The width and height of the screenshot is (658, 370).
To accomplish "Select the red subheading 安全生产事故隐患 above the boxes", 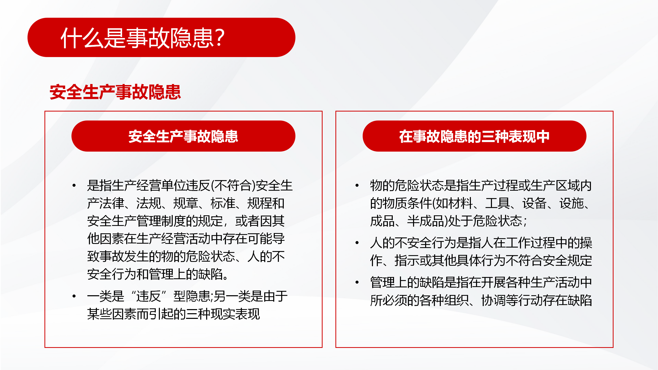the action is tap(115, 92).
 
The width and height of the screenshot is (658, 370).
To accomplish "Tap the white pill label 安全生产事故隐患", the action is tap(183, 136).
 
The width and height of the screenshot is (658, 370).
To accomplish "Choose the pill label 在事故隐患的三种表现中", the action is tap(474, 136).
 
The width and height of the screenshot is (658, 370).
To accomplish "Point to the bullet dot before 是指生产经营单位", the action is tap(74, 185).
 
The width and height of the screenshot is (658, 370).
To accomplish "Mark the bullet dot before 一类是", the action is tap(74, 296).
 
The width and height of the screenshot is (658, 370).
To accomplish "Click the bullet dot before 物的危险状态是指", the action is tap(357, 185).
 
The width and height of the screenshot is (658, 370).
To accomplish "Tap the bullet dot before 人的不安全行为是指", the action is tap(357, 243).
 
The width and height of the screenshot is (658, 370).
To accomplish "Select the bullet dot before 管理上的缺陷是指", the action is tap(357, 282).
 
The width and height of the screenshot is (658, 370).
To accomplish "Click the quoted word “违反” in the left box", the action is tap(149, 296).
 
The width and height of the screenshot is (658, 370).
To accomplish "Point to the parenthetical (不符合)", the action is tap(233, 186).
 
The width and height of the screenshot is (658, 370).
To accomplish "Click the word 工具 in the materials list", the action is tap(497, 203).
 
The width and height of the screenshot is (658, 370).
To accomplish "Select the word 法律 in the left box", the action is tap(112, 203).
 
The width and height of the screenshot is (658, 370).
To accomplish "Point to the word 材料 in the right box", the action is tap(460, 203).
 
